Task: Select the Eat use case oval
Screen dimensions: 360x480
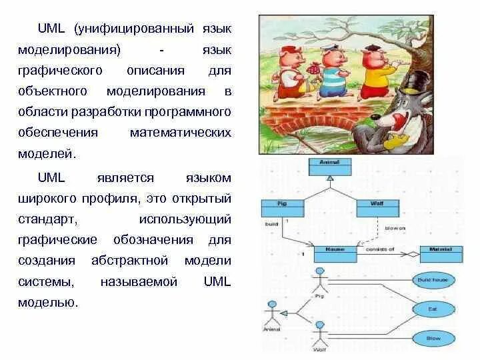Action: point(433,309)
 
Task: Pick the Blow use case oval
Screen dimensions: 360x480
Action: point(433,339)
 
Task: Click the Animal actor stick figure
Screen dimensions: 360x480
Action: point(272,314)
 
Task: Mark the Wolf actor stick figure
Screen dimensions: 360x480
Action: point(319,333)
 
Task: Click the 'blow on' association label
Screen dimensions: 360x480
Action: point(395,228)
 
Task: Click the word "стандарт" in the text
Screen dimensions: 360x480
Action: point(57,219)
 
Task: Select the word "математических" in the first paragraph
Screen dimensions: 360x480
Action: point(180,132)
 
